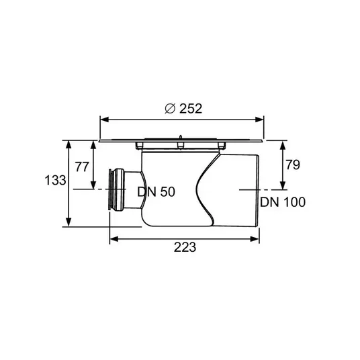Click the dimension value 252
click(191, 109)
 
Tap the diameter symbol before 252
click(170, 109)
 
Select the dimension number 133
click(55, 180)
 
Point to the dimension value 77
click(82, 167)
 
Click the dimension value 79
click(293, 165)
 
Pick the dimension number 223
click(185, 247)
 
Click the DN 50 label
click(156, 191)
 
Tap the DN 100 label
click(283, 202)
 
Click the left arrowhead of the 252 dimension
click(105, 120)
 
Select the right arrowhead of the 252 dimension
click(259, 120)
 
